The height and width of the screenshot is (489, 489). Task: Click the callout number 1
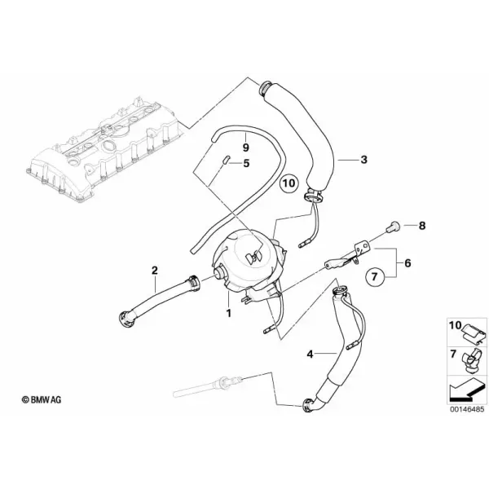click(229, 313)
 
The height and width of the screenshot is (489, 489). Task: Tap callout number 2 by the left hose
click(155, 270)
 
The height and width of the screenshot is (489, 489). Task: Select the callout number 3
click(364, 160)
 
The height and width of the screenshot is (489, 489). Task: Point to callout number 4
click(310, 354)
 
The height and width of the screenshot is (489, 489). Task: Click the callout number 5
click(246, 163)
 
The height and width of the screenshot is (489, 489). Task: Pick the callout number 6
click(407, 263)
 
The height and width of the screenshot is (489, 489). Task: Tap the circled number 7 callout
click(375, 276)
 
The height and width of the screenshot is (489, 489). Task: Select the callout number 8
click(422, 226)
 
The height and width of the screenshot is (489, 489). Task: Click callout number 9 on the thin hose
click(245, 147)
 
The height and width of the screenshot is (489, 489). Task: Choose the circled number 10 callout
click(289, 183)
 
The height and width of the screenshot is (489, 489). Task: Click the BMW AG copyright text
click(42, 399)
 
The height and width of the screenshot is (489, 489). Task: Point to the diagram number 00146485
click(467, 409)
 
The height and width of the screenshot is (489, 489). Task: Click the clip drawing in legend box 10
click(474, 333)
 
